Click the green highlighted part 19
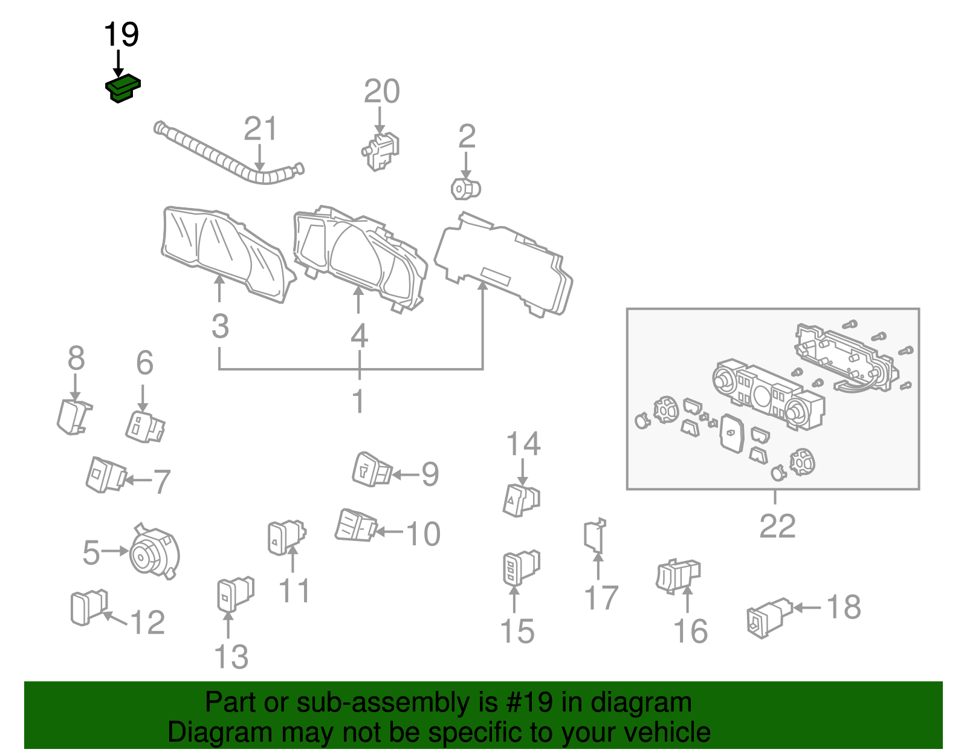123,88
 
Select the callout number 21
260,129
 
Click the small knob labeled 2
465,189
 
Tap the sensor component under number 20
381,151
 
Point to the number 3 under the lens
220,326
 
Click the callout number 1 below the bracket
358,401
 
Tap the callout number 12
147,623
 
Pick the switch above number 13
234,594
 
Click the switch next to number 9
371,470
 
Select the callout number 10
423,534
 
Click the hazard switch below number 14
520,501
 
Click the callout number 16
690,631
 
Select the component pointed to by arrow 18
768,617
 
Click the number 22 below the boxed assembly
777,526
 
